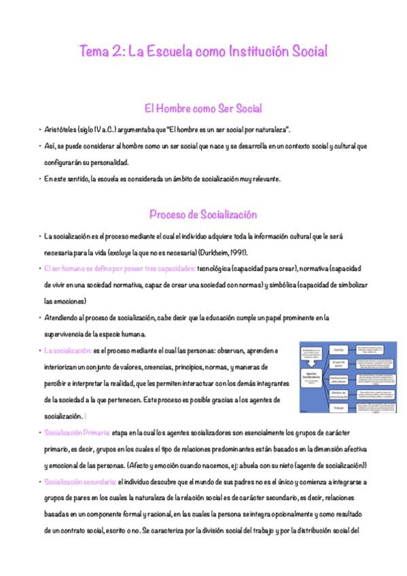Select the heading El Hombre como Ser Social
pos(203,109)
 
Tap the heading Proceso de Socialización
pos(203,215)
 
